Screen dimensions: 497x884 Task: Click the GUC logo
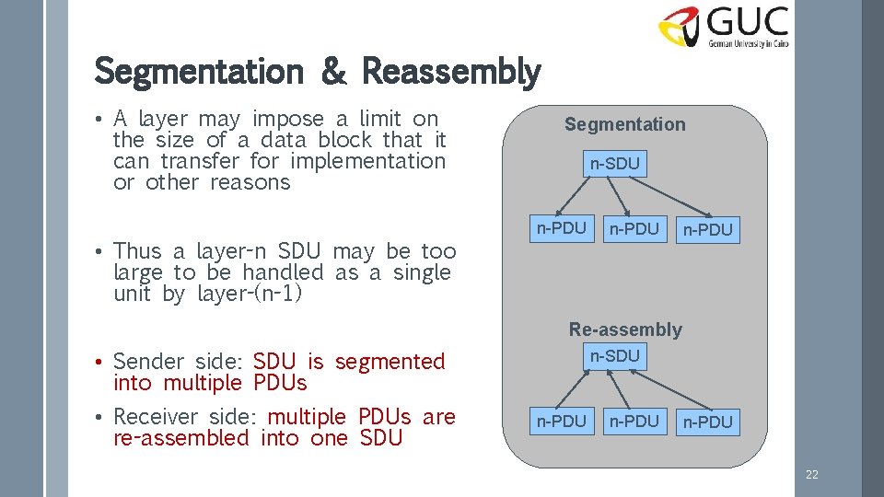tap(723, 28)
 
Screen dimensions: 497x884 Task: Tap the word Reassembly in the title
tap(451, 71)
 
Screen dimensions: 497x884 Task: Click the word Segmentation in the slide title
tap(198, 71)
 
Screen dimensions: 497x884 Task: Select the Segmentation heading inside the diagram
tap(624, 124)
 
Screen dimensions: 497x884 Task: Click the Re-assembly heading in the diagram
tap(625, 329)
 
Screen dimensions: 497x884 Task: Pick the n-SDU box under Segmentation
tap(614, 164)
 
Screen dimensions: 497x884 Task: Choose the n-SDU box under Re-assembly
tap(614, 355)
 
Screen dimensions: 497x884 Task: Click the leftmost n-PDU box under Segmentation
tap(561, 228)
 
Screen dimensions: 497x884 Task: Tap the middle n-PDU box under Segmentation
tap(634, 228)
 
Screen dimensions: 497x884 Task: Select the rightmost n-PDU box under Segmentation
tap(707, 229)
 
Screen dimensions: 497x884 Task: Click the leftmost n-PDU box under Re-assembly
tap(561, 421)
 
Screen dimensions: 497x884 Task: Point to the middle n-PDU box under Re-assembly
tap(634, 421)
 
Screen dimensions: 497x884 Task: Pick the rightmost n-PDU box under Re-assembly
tap(707, 422)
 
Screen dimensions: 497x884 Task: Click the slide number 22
tap(811, 475)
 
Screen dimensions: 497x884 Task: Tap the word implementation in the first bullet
tap(367, 161)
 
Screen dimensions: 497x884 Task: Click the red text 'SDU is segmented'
tap(348, 362)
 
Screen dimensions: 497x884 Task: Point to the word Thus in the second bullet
tap(137, 250)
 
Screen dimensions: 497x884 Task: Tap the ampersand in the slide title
tap(333, 73)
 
